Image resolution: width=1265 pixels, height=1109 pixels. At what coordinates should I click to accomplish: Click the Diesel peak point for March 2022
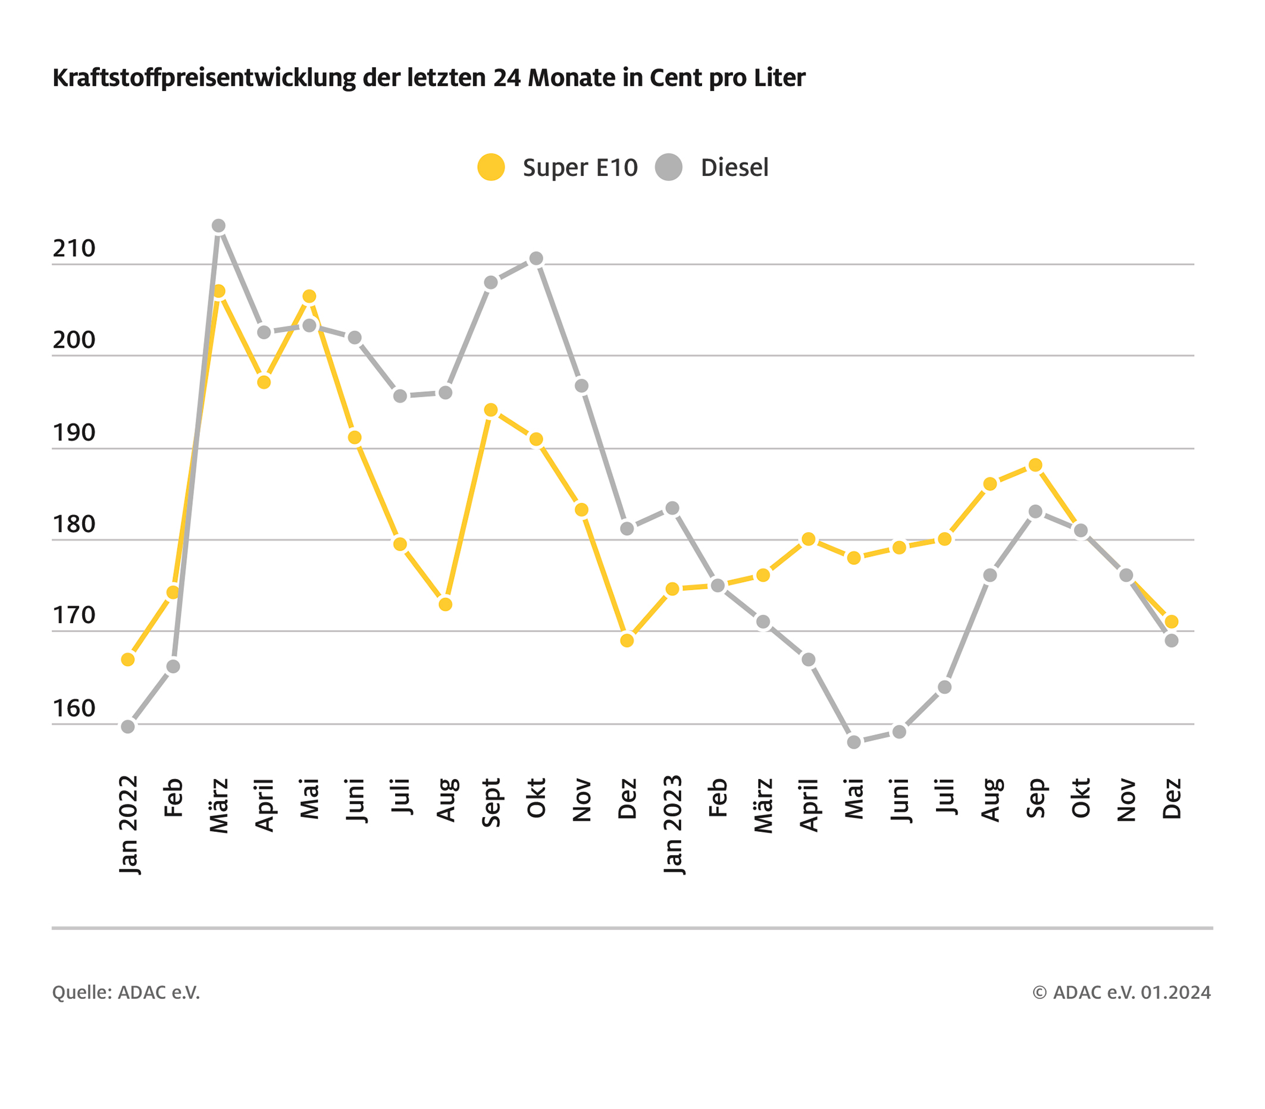coord(218,226)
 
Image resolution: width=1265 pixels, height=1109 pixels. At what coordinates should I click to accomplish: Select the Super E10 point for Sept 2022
coord(491,410)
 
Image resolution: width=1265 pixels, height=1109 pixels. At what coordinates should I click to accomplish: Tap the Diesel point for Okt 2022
coord(537,259)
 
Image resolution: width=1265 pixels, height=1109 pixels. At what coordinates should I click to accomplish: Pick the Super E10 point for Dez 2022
coord(627,640)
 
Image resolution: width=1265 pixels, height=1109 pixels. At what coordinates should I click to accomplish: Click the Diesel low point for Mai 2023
coord(853,742)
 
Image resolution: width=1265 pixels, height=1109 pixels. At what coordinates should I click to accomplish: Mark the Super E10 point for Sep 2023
coord(1035,465)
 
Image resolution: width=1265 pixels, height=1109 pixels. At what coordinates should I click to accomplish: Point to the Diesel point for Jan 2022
coord(127,726)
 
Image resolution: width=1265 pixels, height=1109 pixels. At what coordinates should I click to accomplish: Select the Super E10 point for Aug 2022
coord(446,604)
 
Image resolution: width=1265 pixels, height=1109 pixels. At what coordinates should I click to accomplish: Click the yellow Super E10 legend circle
coord(491,167)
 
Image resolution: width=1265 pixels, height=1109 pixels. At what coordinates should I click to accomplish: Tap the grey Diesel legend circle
coord(668,167)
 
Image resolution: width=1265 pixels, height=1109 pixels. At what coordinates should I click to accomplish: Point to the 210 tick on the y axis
coord(74,249)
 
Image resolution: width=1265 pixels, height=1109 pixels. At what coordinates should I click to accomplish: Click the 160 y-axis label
coord(74,709)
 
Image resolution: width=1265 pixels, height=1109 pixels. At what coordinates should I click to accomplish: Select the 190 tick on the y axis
coord(74,433)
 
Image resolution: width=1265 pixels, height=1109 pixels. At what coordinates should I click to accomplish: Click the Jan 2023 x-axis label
coord(673,825)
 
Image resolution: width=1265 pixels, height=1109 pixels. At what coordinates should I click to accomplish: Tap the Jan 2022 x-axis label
coord(128,825)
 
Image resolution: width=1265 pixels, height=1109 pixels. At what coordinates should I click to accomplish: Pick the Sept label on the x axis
coord(491,802)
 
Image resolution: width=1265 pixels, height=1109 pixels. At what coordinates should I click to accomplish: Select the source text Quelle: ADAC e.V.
coord(126,992)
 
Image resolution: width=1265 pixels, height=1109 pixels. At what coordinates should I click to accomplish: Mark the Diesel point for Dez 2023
coord(1172,640)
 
